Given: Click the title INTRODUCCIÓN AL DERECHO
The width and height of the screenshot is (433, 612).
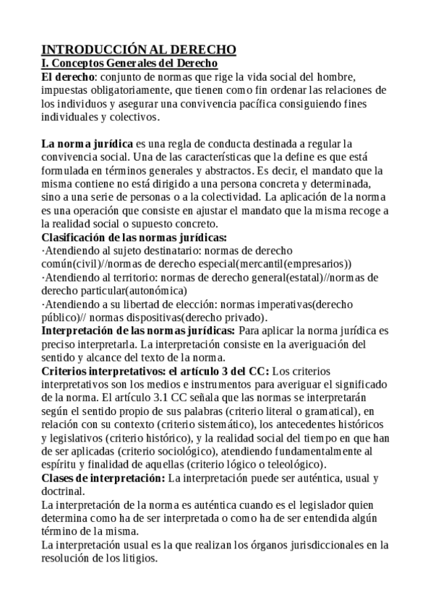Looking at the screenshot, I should coord(139,50).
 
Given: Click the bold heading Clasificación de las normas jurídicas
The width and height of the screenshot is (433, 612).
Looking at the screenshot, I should coord(134,237).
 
